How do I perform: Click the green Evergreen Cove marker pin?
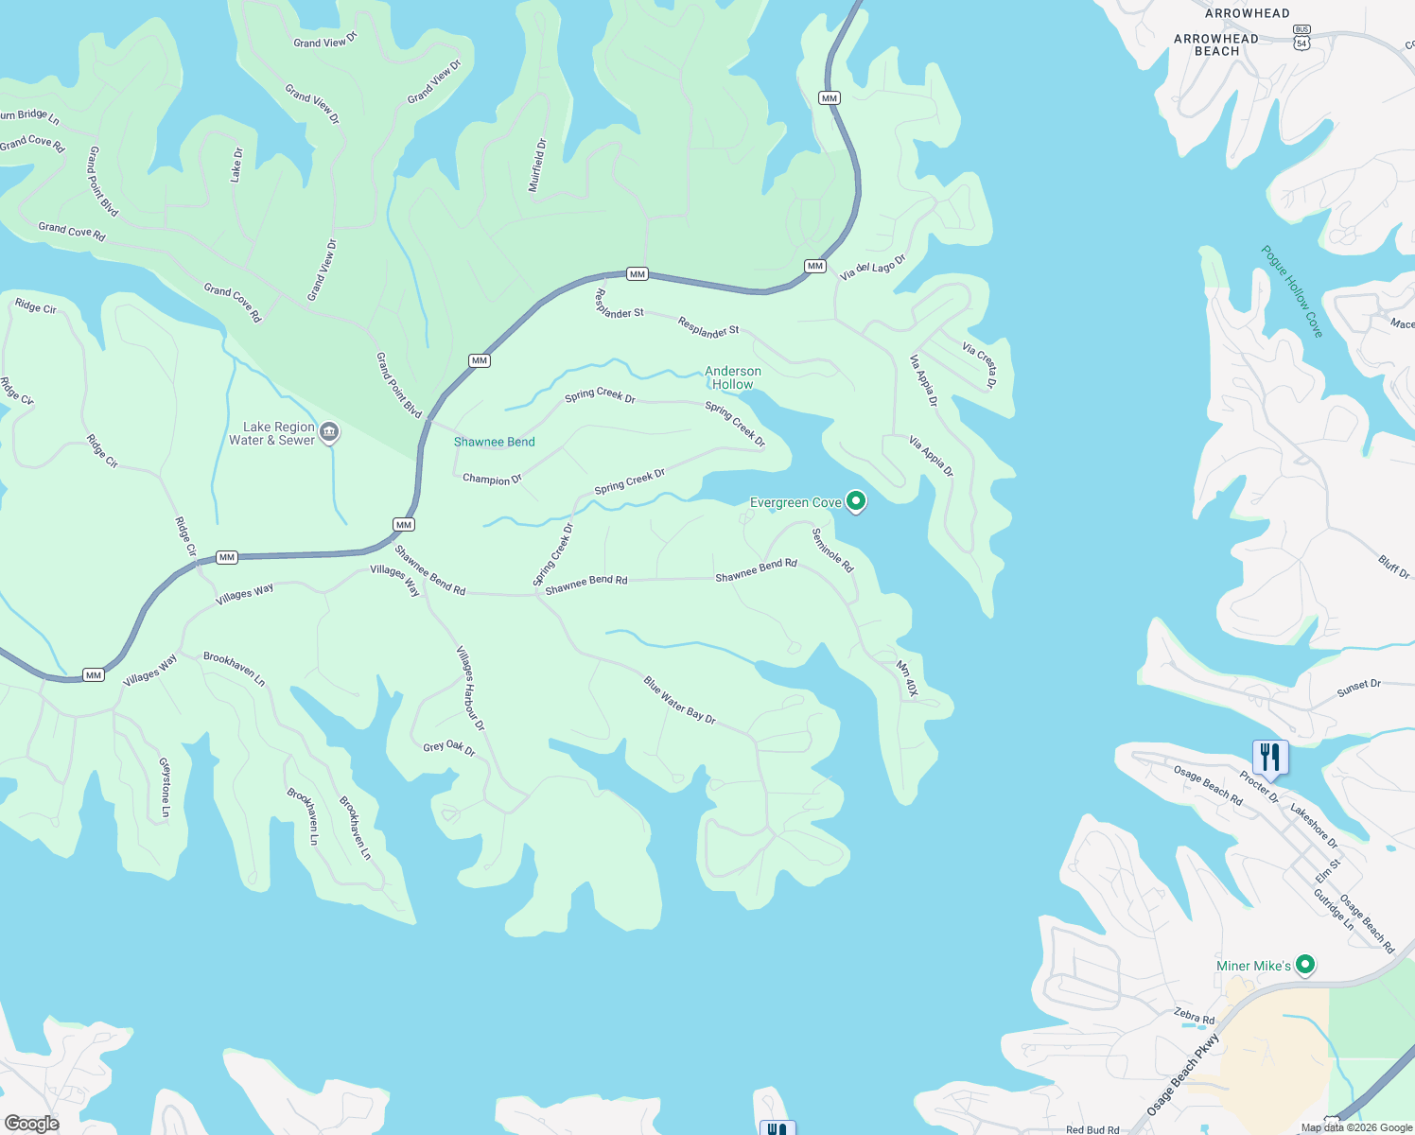856,501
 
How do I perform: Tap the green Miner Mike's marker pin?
1305,965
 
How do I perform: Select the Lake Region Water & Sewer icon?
329,433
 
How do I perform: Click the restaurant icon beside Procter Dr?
1269,758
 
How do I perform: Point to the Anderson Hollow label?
733,377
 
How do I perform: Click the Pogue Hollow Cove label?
1292,291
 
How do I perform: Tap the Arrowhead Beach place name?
1216,44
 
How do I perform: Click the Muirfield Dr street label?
537,166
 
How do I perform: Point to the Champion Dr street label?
492,480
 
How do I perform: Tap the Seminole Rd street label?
832,550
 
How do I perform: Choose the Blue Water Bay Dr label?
679,700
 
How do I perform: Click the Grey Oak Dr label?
448,748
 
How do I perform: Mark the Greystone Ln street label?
166,787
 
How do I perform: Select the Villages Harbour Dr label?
470,689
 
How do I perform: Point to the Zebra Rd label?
1194,1017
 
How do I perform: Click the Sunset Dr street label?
1358,689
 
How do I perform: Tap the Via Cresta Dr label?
979,365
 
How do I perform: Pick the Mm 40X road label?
907,678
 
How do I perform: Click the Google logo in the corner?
32,1124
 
